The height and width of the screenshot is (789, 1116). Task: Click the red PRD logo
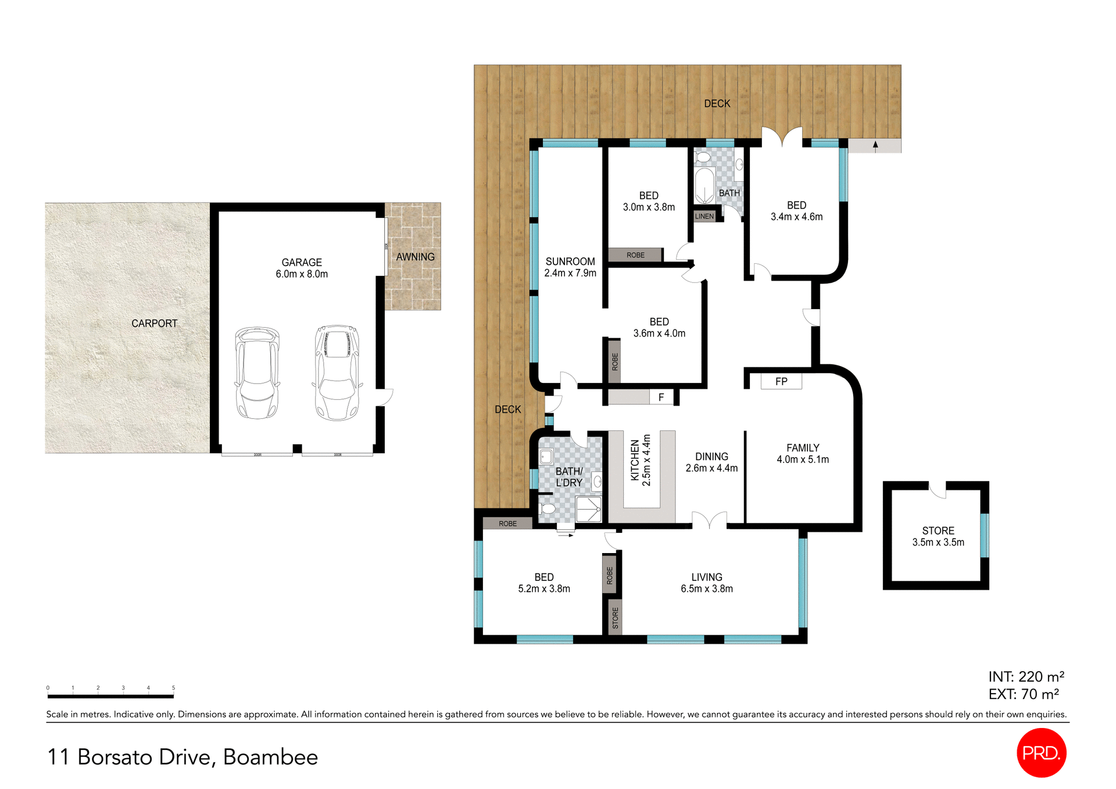[x=1041, y=752]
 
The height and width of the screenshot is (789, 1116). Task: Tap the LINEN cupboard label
[x=704, y=216]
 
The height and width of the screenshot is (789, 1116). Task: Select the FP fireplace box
[x=781, y=382]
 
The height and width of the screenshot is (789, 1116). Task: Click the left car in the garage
[x=257, y=373]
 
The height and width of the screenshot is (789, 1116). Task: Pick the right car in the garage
[x=337, y=373]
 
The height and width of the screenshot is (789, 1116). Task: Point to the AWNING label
[x=415, y=257]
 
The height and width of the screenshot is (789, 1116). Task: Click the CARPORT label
[x=154, y=324]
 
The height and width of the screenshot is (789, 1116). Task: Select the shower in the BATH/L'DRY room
[x=588, y=510]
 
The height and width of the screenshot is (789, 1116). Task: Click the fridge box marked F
[x=661, y=397]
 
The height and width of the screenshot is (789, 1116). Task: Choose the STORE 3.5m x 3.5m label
[x=938, y=536]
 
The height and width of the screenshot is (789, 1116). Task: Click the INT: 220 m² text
[x=1026, y=677]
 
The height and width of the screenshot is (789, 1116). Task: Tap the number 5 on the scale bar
[x=173, y=688]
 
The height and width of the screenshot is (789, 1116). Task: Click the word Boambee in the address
[x=270, y=757]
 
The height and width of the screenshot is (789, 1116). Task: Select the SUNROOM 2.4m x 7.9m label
[x=570, y=267]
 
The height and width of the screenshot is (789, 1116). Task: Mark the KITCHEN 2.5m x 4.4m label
[x=641, y=460]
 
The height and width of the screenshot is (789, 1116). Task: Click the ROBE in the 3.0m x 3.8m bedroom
[x=635, y=255]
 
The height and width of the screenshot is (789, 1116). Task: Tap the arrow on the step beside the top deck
[x=875, y=145]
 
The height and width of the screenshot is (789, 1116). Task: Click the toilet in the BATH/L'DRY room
[x=547, y=509]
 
